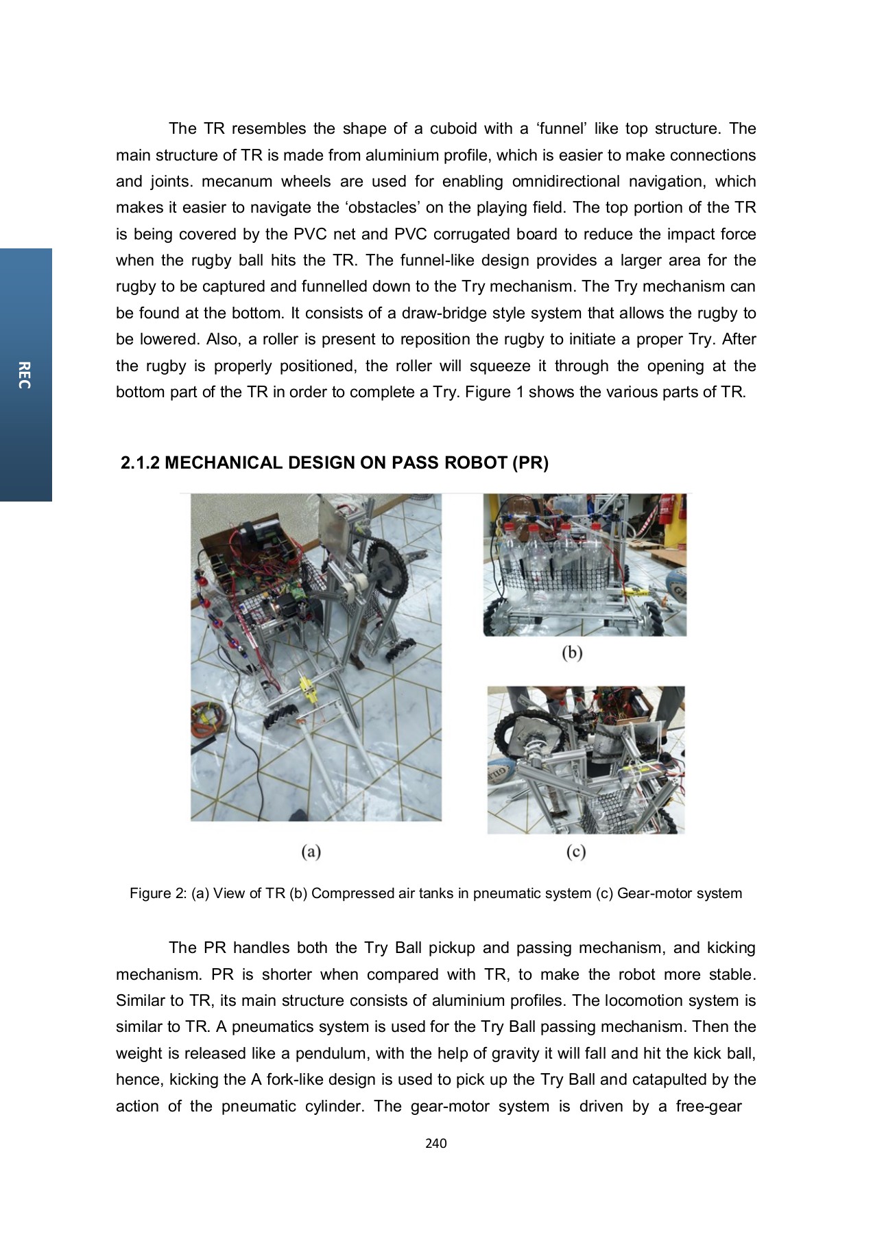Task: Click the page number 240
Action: click(435, 1143)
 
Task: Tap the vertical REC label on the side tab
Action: click(25, 375)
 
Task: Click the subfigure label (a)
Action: click(311, 851)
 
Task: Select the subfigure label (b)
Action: click(572, 652)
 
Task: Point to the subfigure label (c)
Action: click(576, 851)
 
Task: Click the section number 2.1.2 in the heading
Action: click(140, 463)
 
